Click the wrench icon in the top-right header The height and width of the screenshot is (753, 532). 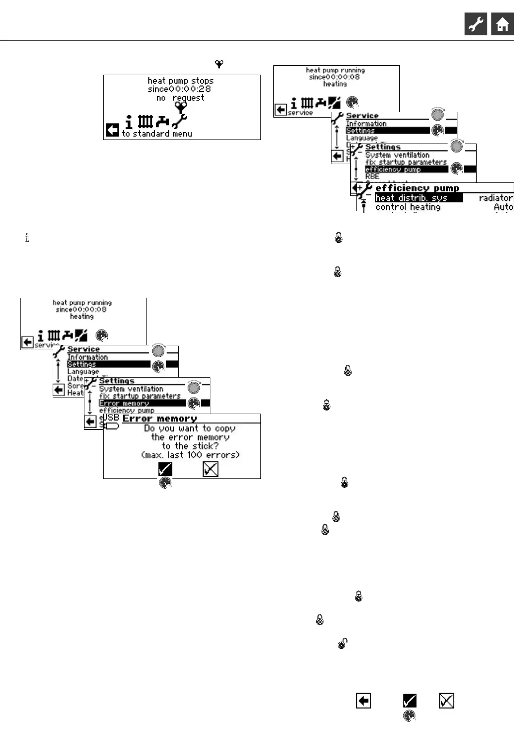[476, 24]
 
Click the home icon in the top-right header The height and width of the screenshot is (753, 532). [503, 24]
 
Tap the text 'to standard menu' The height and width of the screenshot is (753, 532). [157, 134]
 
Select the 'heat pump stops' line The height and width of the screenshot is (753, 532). [180, 80]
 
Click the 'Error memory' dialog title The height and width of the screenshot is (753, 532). [159, 419]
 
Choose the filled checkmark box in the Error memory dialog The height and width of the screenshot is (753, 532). [165, 469]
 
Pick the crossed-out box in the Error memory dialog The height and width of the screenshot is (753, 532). [210, 469]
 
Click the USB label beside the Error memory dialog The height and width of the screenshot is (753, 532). [111, 418]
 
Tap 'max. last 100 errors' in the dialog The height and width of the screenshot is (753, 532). [190, 455]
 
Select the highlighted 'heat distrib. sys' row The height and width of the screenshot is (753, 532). [411, 198]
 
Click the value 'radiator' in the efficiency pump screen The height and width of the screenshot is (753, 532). [496, 198]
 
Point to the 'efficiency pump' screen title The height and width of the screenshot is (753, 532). [417, 188]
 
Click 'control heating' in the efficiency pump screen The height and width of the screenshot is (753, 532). [408, 207]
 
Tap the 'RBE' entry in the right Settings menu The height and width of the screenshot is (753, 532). [372, 177]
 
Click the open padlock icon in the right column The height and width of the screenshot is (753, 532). [342, 643]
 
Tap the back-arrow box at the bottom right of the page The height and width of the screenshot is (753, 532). [364, 701]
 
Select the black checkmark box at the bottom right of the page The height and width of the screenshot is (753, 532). [410, 701]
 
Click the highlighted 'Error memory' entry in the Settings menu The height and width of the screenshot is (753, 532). [124, 403]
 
